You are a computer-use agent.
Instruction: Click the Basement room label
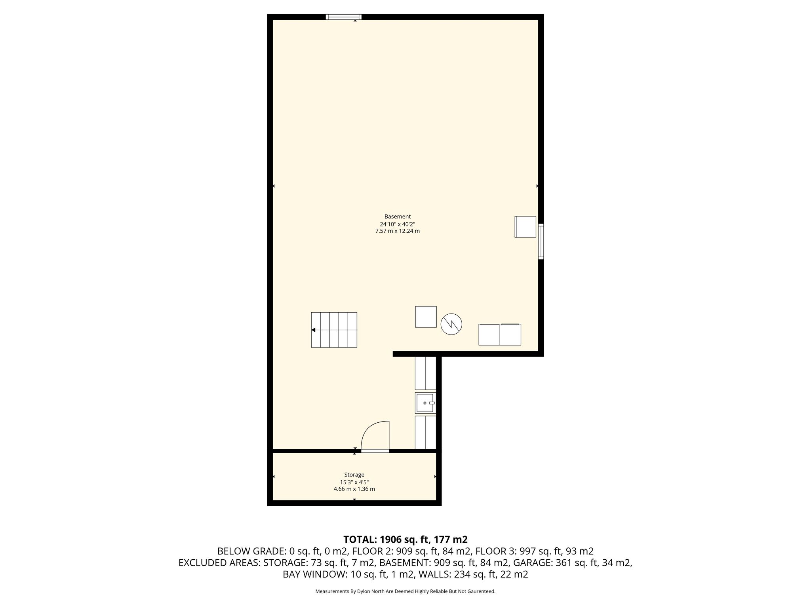pyautogui.click(x=397, y=217)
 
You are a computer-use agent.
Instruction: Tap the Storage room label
pyautogui.click(x=354, y=475)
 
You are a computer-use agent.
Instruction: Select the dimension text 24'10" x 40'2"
pyautogui.click(x=397, y=224)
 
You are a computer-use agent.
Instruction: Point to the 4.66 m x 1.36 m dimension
pyautogui.click(x=354, y=489)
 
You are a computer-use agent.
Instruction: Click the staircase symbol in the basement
pyautogui.click(x=334, y=330)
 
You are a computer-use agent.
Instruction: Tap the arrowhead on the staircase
pyautogui.click(x=313, y=330)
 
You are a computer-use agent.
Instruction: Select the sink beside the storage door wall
pyautogui.click(x=425, y=403)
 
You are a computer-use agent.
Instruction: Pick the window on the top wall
pyautogui.click(x=343, y=17)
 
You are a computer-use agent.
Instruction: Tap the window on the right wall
pyautogui.click(x=541, y=241)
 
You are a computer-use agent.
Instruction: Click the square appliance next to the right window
pyautogui.click(x=525, y=227)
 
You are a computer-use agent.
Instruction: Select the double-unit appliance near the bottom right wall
pyautogui.click(x=500, y=334)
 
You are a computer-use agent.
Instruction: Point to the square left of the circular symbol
pyautogui.click(x=426, y=317)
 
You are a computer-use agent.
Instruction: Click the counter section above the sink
pyautogui.click(x=425, y=373)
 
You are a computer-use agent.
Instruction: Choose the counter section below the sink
pyautogui.click(x=425, y=432)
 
